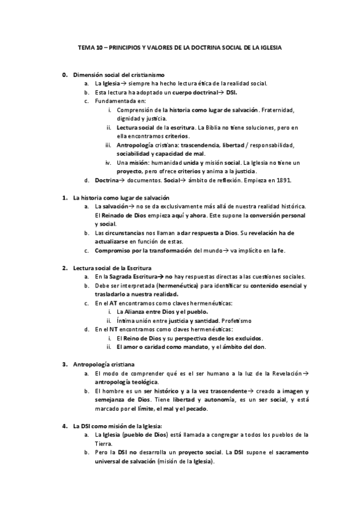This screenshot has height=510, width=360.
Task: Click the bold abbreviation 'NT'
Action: pos(113,330)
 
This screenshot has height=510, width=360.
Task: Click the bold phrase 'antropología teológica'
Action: pos(126,382)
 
